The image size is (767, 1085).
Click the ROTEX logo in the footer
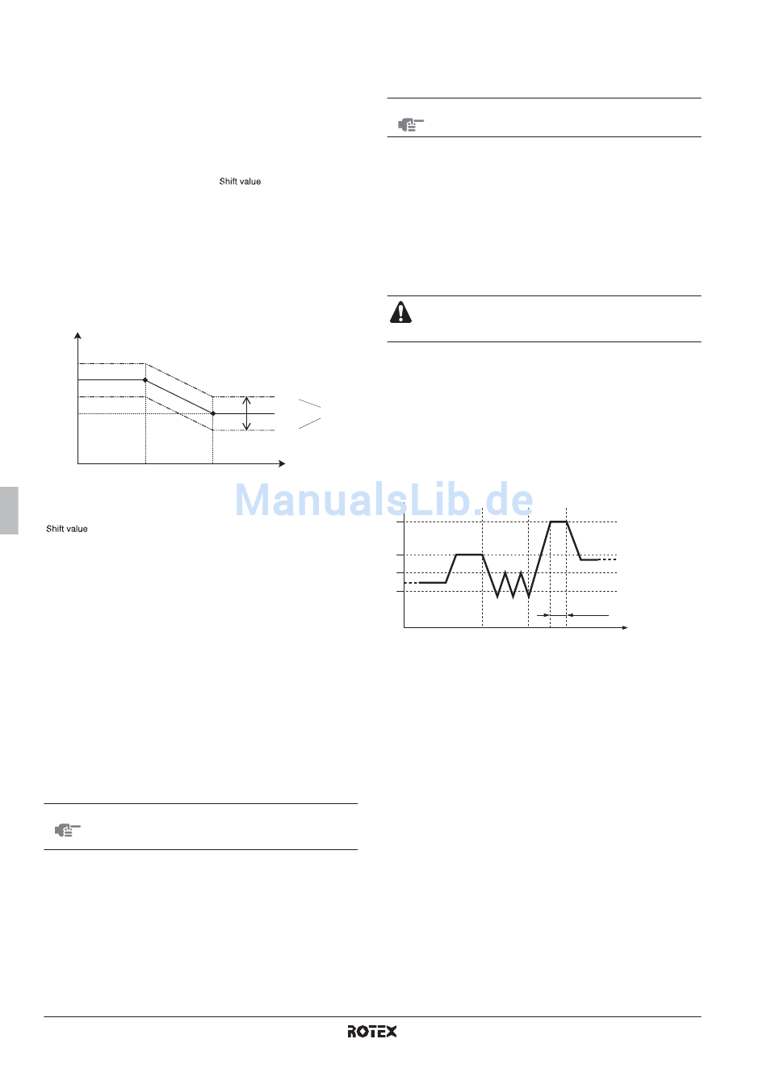tap(372, 1031)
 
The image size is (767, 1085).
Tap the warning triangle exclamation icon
tap(400, 312)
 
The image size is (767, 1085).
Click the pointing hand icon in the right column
tap(410, 124)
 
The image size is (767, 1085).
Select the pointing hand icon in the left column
tap(68, 829)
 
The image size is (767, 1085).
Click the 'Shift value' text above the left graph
tap(240, 182)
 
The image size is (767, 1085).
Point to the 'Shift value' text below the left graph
tap(67, 529)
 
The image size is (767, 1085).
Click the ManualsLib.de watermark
tap(383, 500)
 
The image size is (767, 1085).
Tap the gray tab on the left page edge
tap(9, 510)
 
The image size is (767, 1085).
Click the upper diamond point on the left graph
tap(145, 379)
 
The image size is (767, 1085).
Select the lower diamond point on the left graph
tap(213, 413)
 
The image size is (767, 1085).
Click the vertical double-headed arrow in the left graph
tap(247, 413)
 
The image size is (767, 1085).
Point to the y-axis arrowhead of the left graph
tap(78, 335)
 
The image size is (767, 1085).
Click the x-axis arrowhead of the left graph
tap(282, 463)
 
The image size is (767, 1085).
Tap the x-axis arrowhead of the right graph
tap(624, 627)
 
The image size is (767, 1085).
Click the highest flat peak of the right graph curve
tap(559, 522)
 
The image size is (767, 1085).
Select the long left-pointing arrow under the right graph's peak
tap(587, 616)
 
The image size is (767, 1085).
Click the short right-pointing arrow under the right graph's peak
tap(543, 616)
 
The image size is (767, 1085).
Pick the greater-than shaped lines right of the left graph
tap(310, 413)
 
